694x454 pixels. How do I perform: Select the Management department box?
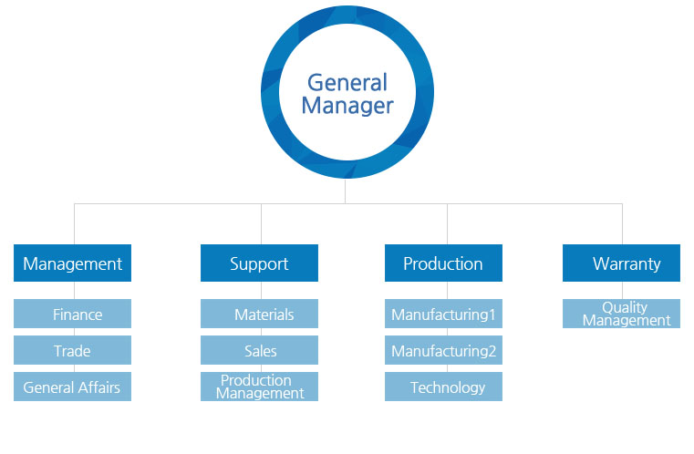73,263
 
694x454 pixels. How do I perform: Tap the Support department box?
259,263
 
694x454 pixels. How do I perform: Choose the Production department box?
443,263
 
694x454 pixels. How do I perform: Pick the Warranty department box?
621,263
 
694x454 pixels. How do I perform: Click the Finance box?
73,315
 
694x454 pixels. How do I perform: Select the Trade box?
73,351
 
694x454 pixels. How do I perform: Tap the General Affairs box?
73,387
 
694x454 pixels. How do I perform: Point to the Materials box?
259,315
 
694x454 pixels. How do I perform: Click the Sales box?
259,351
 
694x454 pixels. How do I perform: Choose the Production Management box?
259,387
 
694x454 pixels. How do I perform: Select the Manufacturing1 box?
443,315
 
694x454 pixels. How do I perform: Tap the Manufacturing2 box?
443,351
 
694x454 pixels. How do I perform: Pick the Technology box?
443,387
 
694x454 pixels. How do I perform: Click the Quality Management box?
621,314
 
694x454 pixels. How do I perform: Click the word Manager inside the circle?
347,106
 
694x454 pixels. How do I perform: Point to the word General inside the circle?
347,82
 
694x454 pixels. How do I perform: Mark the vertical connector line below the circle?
346,191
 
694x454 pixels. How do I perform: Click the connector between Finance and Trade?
73,332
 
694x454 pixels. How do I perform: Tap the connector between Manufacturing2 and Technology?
443,368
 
